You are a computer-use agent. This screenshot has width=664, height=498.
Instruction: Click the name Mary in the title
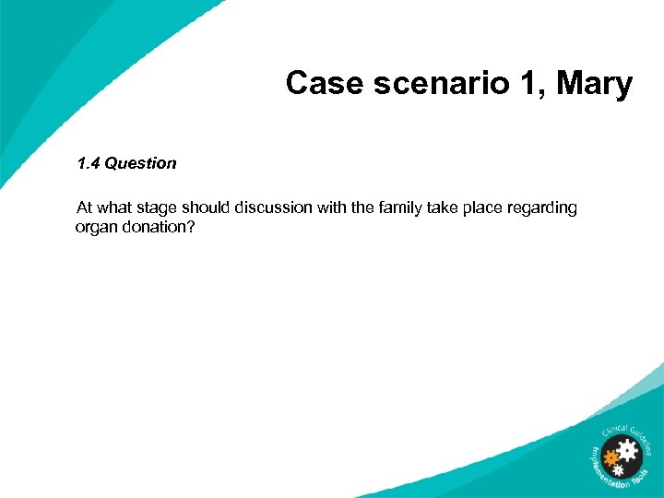pos(594,85)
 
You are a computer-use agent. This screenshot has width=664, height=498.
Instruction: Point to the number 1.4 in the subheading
pos(89,163)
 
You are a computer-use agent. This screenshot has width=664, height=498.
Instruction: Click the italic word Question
pos(140,163)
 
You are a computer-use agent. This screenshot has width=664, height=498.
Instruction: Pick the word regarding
pos(544,208)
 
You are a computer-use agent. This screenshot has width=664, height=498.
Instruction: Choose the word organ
pos(96,228)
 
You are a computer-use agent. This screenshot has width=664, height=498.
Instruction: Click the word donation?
pos(159,227)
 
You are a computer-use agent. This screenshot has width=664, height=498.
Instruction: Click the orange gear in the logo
pos(610,456)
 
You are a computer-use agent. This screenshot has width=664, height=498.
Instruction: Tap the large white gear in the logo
pos(628,451)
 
